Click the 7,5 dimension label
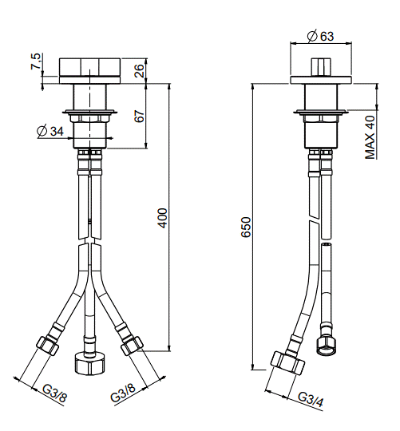[36, 61]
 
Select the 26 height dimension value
[139, 71]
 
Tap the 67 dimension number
[139, 116]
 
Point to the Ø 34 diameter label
[50, 131]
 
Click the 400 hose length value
[162, 218]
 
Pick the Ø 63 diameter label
[320, 36]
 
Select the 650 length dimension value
[246, 227]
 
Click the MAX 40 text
[370, 137]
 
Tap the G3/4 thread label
[311, 399]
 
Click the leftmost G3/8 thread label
[55, 393]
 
